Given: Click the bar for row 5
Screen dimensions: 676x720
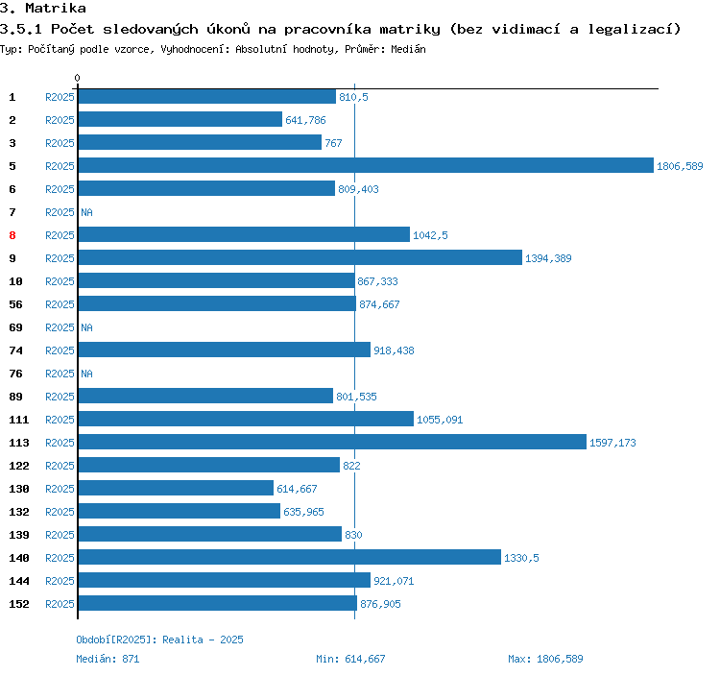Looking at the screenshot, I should pos(365,166).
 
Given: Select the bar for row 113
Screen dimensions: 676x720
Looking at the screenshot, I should pos(331,443).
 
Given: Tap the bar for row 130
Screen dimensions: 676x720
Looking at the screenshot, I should pos(176,489).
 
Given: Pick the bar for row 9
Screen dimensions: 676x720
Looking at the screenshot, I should pos(300,258).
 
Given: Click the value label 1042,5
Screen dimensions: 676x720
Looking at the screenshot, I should pos(430,235).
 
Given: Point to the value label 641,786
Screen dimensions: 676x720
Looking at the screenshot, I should pos(306,120).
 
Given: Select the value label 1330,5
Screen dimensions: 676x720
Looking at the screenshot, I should pos(521,558).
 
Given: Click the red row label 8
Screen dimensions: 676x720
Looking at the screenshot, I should pos(12,235).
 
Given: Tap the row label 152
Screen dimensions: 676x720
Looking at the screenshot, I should pos(18,604).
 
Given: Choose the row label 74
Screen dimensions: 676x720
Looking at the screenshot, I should pos(15,350).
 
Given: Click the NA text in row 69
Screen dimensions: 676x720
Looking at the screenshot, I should pos(86,327).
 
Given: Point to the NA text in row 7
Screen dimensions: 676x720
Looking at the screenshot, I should pos(86,212).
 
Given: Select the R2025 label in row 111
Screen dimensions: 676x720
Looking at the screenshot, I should pos(60,420).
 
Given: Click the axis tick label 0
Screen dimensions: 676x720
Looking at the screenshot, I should pos(78,78).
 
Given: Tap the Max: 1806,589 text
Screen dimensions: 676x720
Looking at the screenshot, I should pos(545,659).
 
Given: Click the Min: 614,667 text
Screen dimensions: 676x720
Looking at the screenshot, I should pos(350,659).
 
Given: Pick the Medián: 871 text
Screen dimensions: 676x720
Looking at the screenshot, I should pos(108,659).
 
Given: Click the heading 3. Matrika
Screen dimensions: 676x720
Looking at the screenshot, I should pos(43,9).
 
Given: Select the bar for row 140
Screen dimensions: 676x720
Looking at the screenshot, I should pos(289,558).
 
